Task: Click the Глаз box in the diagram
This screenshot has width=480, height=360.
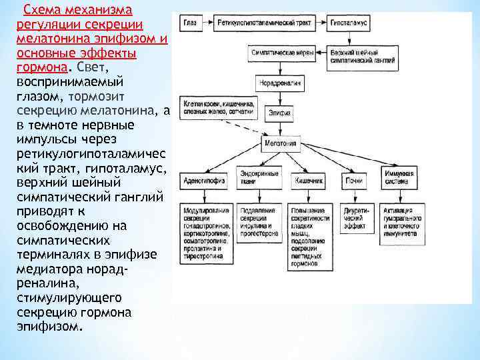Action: pyautogui.click(x=191, y=23)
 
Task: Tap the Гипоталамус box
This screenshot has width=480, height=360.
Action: pyautogui.click(x=351, y=23)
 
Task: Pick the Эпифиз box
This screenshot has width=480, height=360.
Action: pyautogui.click(x=280, y=114)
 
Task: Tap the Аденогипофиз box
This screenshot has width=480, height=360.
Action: pyautogui.click(x=200, y=180)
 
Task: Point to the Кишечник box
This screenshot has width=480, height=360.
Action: pyautogui.click(x=307, y=180)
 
